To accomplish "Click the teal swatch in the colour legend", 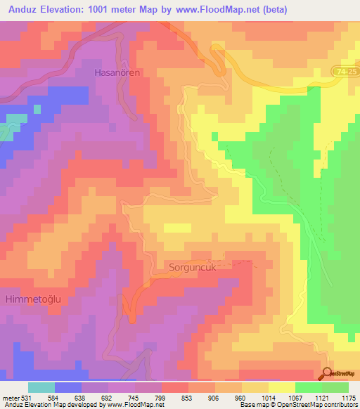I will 41,387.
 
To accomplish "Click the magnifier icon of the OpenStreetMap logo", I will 328,373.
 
